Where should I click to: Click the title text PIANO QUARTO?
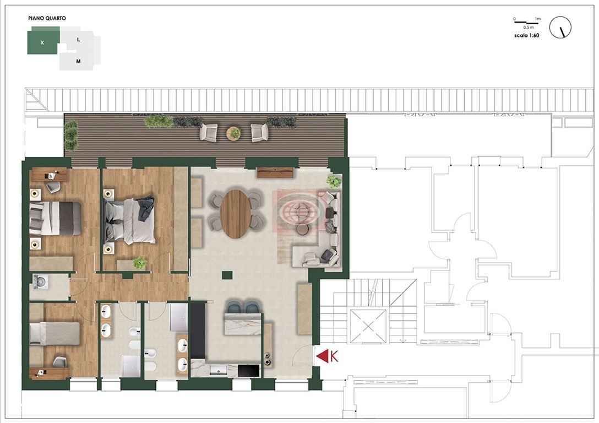pos(47,18)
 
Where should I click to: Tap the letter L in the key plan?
pos(79,39)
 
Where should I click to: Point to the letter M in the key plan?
pos(78,61)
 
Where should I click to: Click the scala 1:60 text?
pos(527,36)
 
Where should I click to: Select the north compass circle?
pos(560,27)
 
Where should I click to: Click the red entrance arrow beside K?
pos(322,356)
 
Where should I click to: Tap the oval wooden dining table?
pos(236,214)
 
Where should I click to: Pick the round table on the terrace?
pos(233,133)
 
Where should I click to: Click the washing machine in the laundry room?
pos(41,281)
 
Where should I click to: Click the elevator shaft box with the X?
pos(369,326)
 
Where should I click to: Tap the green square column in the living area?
pos(227,275)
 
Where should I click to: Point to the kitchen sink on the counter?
pos(218,370)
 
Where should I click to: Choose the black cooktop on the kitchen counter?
pos(249,370)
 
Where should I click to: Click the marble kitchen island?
pos(243,324)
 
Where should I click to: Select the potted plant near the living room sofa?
pos(334,181)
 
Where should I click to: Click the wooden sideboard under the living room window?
pos(275,173)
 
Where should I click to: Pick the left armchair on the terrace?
pos(209,132)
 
